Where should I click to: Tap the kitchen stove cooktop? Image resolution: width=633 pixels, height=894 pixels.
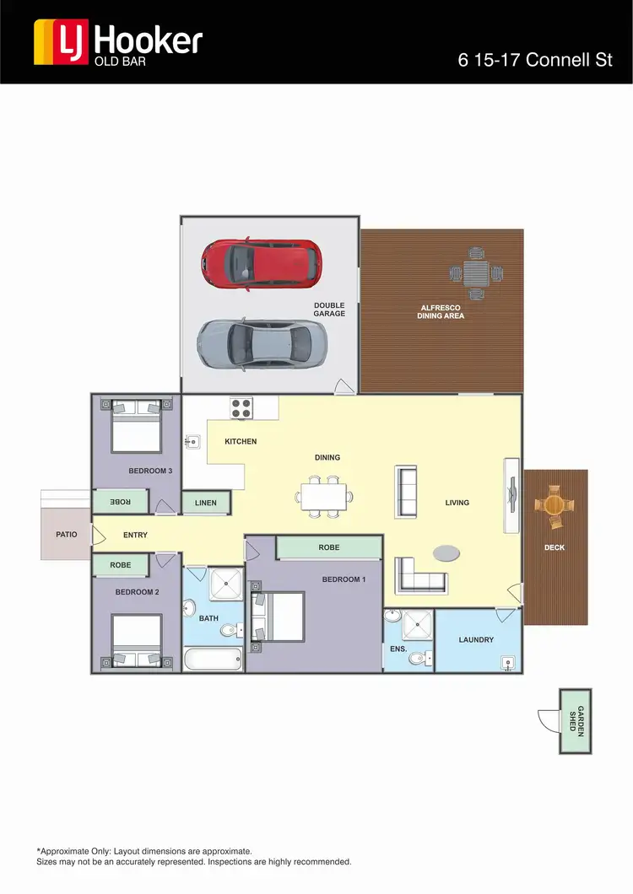(x=242, y=407)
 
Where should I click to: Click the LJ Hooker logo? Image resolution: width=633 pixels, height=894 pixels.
(x=117, y=41)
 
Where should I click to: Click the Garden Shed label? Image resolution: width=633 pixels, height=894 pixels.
(x=576, y=721)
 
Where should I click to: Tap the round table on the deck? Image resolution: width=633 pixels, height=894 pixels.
(x=555, y=506)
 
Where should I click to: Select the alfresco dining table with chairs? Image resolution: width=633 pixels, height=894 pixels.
(x=476, y=272)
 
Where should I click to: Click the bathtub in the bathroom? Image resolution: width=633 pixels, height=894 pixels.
(x=213, y=658)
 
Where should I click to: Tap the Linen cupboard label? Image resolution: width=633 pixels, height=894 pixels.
(x=205, y=504)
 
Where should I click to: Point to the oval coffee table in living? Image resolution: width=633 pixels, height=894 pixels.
(x=447, y=552)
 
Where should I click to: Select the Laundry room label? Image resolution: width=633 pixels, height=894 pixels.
(x=476, y=640)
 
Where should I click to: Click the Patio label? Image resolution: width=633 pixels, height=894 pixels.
(x=66, y=535)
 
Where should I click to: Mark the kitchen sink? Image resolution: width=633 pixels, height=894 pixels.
(x=192, y=440)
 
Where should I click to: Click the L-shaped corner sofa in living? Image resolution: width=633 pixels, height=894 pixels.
(x=416, y=575)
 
